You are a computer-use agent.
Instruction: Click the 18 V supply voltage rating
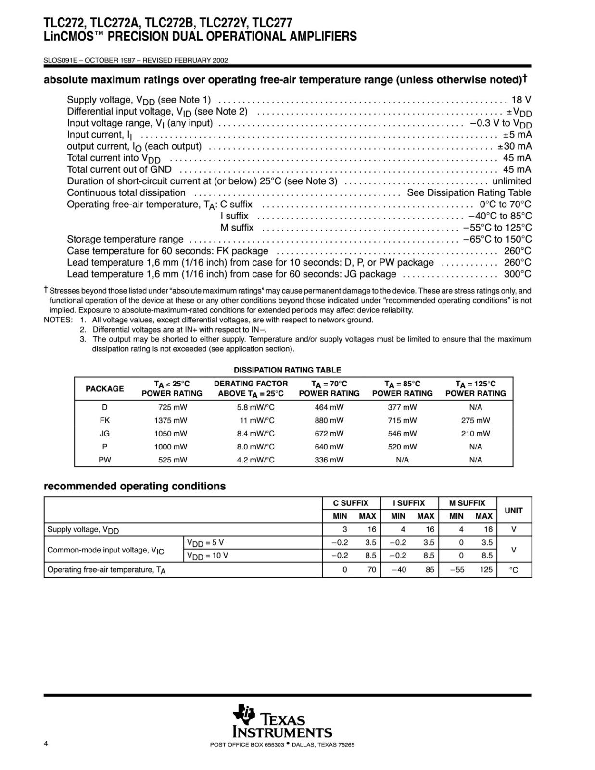tap(521, 100)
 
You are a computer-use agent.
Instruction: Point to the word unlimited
tap(511, 181)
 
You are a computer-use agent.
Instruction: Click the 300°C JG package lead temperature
tap(518, 274)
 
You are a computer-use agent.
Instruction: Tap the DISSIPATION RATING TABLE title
tap(287, 370)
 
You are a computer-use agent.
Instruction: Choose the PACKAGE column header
tap(104, 389)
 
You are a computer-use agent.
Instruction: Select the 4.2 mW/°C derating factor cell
tap(255, 460)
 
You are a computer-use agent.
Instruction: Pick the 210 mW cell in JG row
tap(475, 433)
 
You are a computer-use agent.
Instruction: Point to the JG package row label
tap(104, 433)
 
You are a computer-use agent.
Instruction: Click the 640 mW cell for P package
tap(329, 447)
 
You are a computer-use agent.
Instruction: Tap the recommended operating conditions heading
tap(135, 486)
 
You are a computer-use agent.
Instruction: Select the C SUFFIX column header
tap(351, 503)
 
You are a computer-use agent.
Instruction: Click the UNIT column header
tap(514, 510)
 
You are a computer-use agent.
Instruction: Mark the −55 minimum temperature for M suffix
tap(456, 570)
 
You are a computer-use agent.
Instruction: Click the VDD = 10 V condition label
tap(207, 556)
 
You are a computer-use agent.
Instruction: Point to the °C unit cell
tap(514, 570)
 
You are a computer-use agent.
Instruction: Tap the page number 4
tap(46, 744)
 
